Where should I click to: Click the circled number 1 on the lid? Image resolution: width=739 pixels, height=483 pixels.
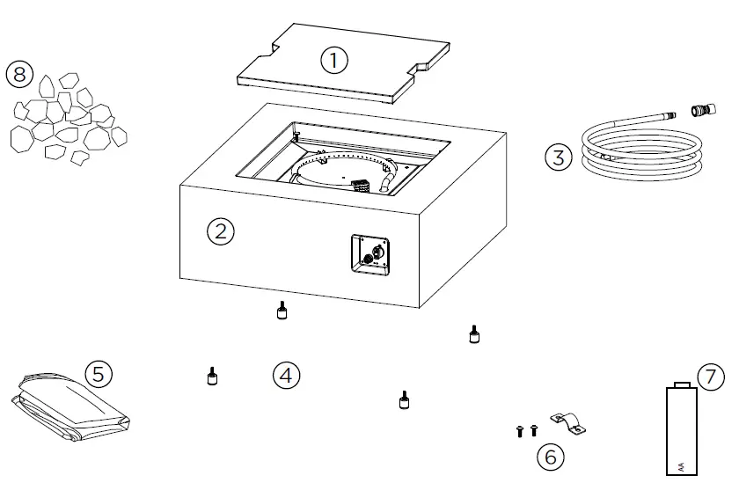click(x=333, y=61)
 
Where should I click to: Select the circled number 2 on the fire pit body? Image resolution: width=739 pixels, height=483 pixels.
click(x=220, y=231)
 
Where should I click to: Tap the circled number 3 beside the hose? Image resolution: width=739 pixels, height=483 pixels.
click(x=558, y=158)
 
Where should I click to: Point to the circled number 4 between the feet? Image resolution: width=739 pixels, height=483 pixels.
click(x=286, y=376)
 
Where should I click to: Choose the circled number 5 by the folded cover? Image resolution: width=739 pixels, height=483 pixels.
click(x=99, y=374)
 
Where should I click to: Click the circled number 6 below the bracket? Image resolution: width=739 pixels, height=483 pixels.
click(x=551, y=457)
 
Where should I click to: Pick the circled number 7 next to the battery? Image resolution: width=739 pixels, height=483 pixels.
click(x=711, y=377)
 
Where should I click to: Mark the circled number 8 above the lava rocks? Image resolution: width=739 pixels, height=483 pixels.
click(x=19, y=74)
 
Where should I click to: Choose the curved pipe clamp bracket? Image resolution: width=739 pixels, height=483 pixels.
click(x=567, y=423)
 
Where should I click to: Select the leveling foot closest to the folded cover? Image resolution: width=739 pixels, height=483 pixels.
click(x=211, y=376)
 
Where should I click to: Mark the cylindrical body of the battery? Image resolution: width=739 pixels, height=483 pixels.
click(x=681, y=431)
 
